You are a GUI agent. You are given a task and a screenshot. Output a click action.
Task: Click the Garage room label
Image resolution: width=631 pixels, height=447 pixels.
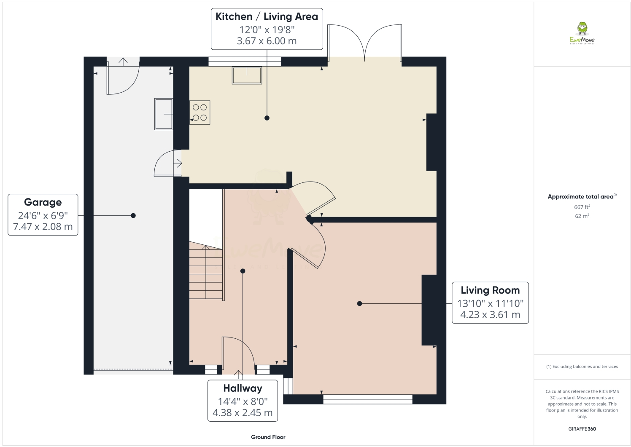click(x=43, y=203)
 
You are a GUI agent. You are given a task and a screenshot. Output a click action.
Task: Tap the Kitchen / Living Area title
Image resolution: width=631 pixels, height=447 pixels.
click(x=267, y=17)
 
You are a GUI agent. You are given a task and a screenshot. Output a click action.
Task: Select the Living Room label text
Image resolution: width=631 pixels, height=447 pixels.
click(x=490, y=290)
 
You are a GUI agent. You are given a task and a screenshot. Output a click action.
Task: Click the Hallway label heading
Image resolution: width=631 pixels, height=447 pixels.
click(x=243, y=388)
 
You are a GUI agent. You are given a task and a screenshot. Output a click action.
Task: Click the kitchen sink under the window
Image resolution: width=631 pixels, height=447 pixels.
click(x=247, y=75)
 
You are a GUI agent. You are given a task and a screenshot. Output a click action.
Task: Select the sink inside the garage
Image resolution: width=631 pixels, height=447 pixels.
click(x=164, y=114)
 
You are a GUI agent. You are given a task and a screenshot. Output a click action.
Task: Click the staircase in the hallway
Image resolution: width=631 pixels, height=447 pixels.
click(x=205, y=273)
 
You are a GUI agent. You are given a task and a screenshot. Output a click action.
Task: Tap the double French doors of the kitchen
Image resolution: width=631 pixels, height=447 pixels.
click(x=365, y=42)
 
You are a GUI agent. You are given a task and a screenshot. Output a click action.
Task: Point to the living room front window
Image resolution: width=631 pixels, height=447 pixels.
click(x=367, y=399)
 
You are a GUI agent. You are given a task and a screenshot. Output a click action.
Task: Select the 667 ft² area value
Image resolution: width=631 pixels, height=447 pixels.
click(x=582, y=207)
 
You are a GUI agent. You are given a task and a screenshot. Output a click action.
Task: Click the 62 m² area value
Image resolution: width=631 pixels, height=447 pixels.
click(x=582, y=216)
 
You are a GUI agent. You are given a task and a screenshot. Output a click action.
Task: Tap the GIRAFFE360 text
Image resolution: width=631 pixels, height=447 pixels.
click(x=582, y=429)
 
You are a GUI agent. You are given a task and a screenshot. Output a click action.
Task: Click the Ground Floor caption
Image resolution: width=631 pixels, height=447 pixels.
click(x=268, y=437)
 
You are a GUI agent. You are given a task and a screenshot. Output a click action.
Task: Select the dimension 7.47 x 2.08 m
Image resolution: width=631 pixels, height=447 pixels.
click(x=43, y=227)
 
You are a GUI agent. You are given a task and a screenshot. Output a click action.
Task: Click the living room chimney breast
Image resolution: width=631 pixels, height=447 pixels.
click(x=429, y=310)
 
